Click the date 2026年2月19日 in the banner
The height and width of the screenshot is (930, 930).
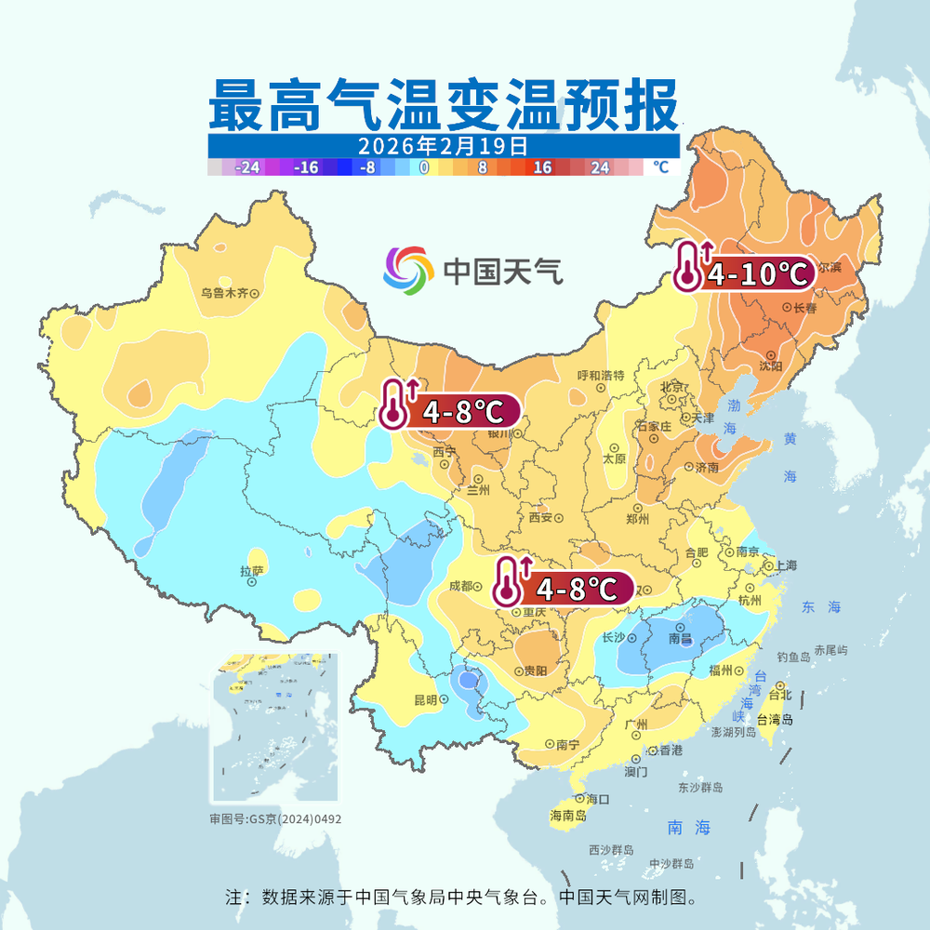(x=443, y=146)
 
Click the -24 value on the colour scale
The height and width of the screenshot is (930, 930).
(x=247, y=167)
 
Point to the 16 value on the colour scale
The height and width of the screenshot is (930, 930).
(x=542, y=167)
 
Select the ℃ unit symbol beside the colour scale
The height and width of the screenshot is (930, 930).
(x=660, y=167)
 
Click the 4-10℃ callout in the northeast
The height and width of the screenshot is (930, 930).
(x=757, y=273)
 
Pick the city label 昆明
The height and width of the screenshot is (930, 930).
(x=426, y=700)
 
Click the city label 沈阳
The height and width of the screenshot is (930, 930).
(x=770, y=365)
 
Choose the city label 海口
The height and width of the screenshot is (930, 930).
(x=597, y=798)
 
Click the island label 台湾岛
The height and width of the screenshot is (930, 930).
(x=775, y=719)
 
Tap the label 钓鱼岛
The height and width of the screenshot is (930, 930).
(x=793, y=657)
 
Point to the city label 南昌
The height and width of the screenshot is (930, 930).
(x=681, y=639)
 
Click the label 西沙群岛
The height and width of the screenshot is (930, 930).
(x=611, y=850)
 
